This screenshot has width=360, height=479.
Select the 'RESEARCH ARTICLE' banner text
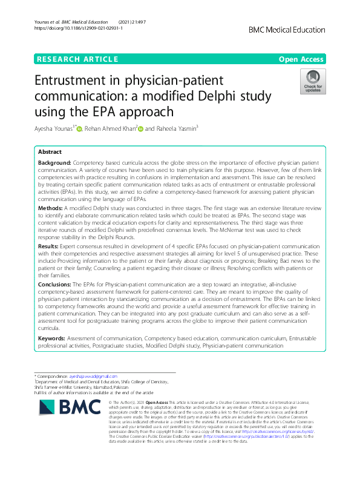pos(77,59)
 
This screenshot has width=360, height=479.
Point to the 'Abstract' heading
pos(50,151)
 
